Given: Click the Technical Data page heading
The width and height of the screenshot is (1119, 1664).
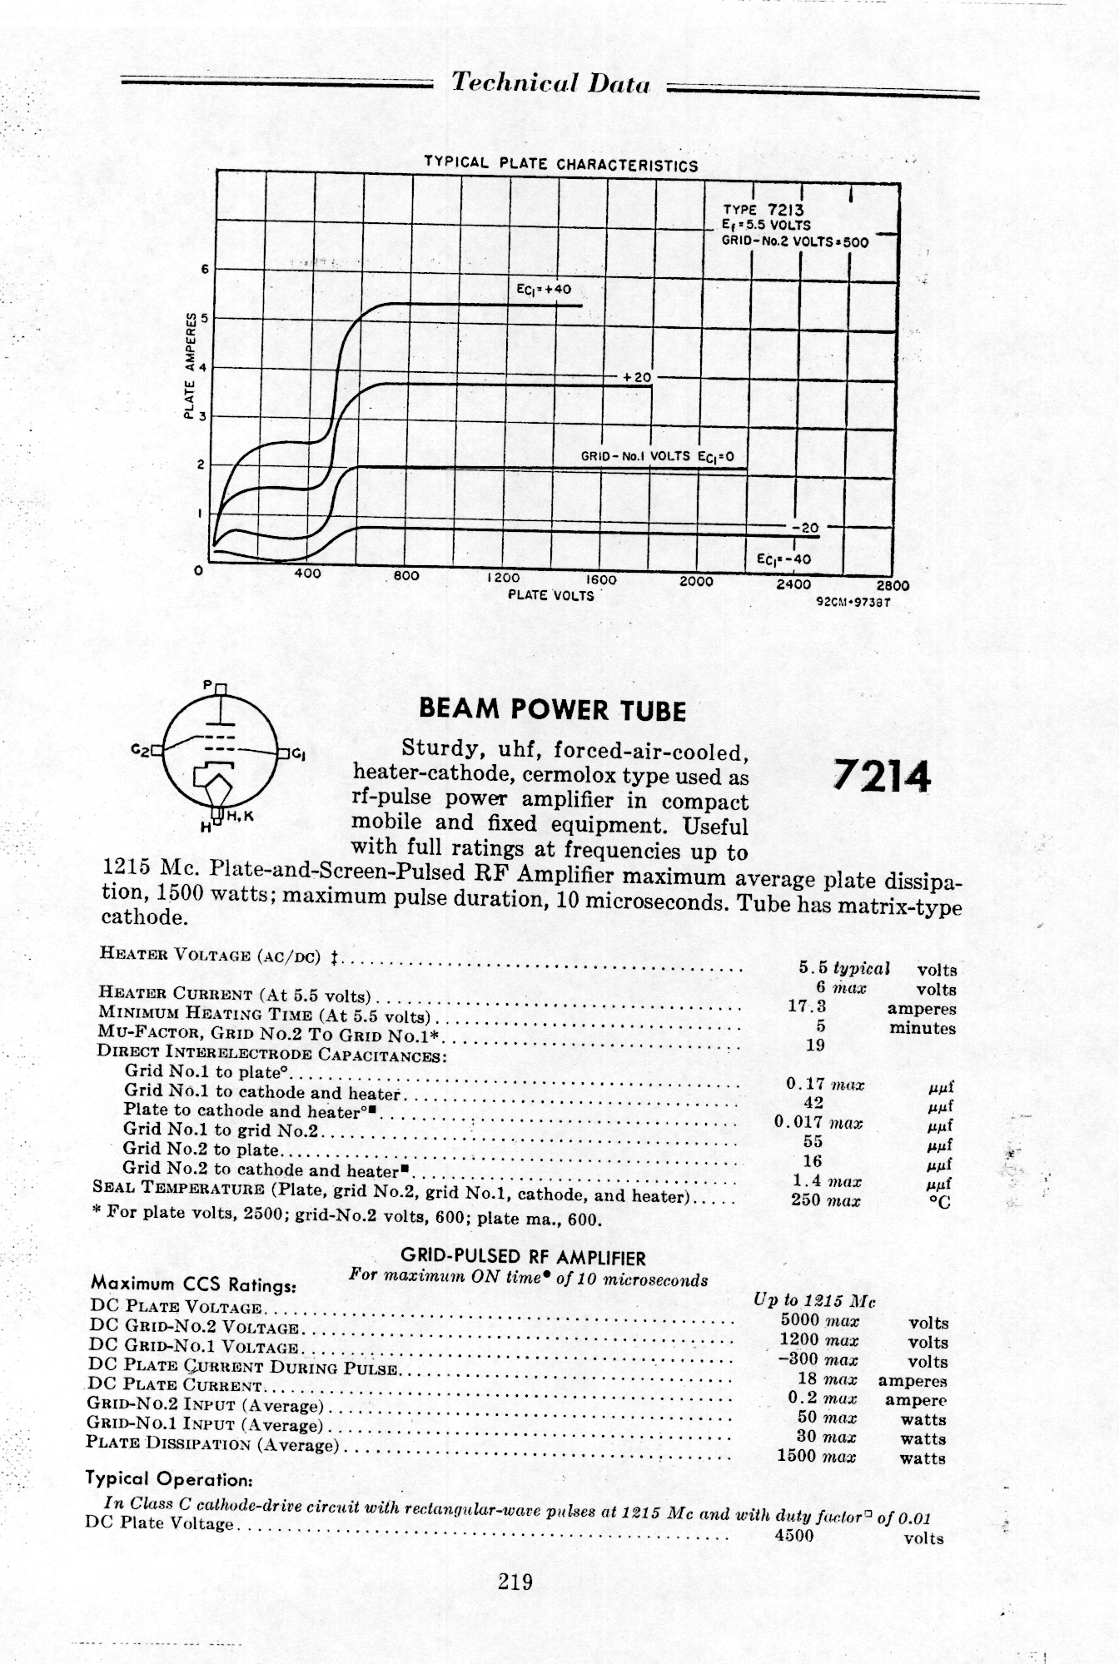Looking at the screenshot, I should [550, 84].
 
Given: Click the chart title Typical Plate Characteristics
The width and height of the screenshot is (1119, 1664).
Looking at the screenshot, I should [560, 163].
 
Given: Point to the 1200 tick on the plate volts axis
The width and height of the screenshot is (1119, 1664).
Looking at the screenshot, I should [502, 577].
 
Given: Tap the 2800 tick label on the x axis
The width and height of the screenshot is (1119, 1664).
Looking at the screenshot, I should [893, 584].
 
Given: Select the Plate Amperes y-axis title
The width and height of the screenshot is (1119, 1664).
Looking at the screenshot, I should [191, 367].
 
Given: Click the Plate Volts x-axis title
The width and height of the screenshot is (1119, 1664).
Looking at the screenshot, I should [551, 595].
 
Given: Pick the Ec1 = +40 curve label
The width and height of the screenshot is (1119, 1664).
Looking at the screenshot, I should [544, 291].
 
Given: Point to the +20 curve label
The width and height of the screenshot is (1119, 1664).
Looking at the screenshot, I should [636, 377].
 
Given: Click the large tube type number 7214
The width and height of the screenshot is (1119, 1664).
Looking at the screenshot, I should [882, 778].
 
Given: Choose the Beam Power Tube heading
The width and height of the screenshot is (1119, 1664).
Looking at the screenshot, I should [552, 710].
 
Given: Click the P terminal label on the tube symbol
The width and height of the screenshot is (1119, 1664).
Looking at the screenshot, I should [208, 686].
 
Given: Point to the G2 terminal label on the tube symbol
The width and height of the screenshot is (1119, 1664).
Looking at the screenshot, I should [140, 749].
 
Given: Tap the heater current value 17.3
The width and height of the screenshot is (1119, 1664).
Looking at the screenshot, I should [806, 1006].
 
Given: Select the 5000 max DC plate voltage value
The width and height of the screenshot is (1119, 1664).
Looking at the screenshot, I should [819, 1320].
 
